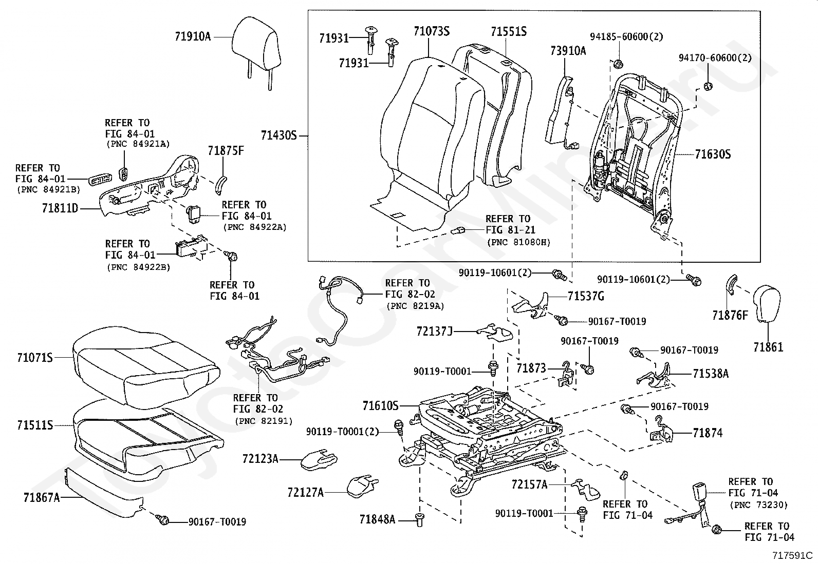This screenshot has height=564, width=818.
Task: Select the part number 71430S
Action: click(279, 136)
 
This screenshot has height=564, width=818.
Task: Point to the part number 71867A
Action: click(42, 497)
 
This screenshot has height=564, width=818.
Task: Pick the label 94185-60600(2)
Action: click(626, 36)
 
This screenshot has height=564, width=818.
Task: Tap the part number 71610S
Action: click(381, 406)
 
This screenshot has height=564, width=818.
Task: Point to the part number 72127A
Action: click(306, 493)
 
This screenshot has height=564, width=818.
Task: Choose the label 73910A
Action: click(568, 50)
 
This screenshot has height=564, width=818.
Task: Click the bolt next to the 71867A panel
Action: click(164, 520)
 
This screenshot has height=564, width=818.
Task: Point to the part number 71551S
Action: click(508, 32)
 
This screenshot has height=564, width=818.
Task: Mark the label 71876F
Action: click(730, 315)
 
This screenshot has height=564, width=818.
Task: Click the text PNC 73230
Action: click(758, 504)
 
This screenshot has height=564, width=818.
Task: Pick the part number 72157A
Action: click(530, 484)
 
